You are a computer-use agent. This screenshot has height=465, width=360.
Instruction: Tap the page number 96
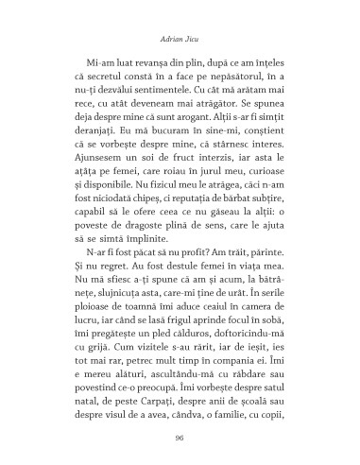click(x=180, y=438)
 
